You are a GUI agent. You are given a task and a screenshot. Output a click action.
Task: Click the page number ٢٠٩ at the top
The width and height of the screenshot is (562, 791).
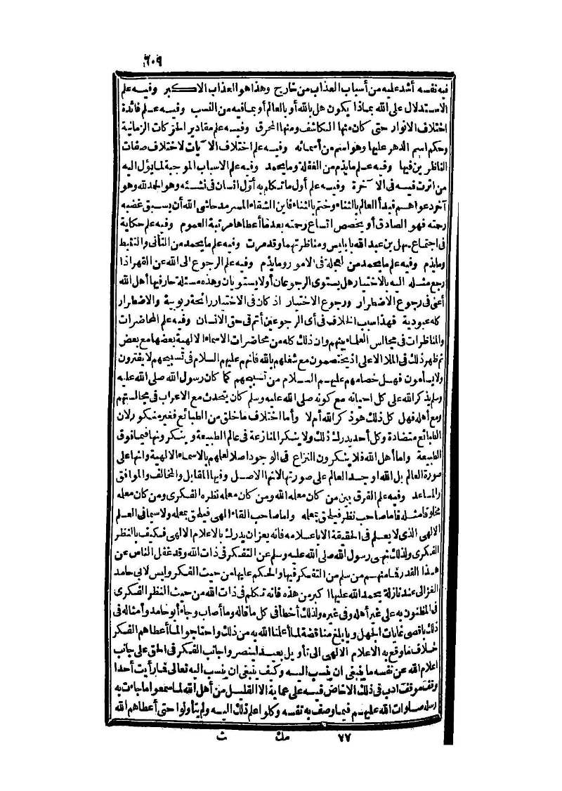151,59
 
